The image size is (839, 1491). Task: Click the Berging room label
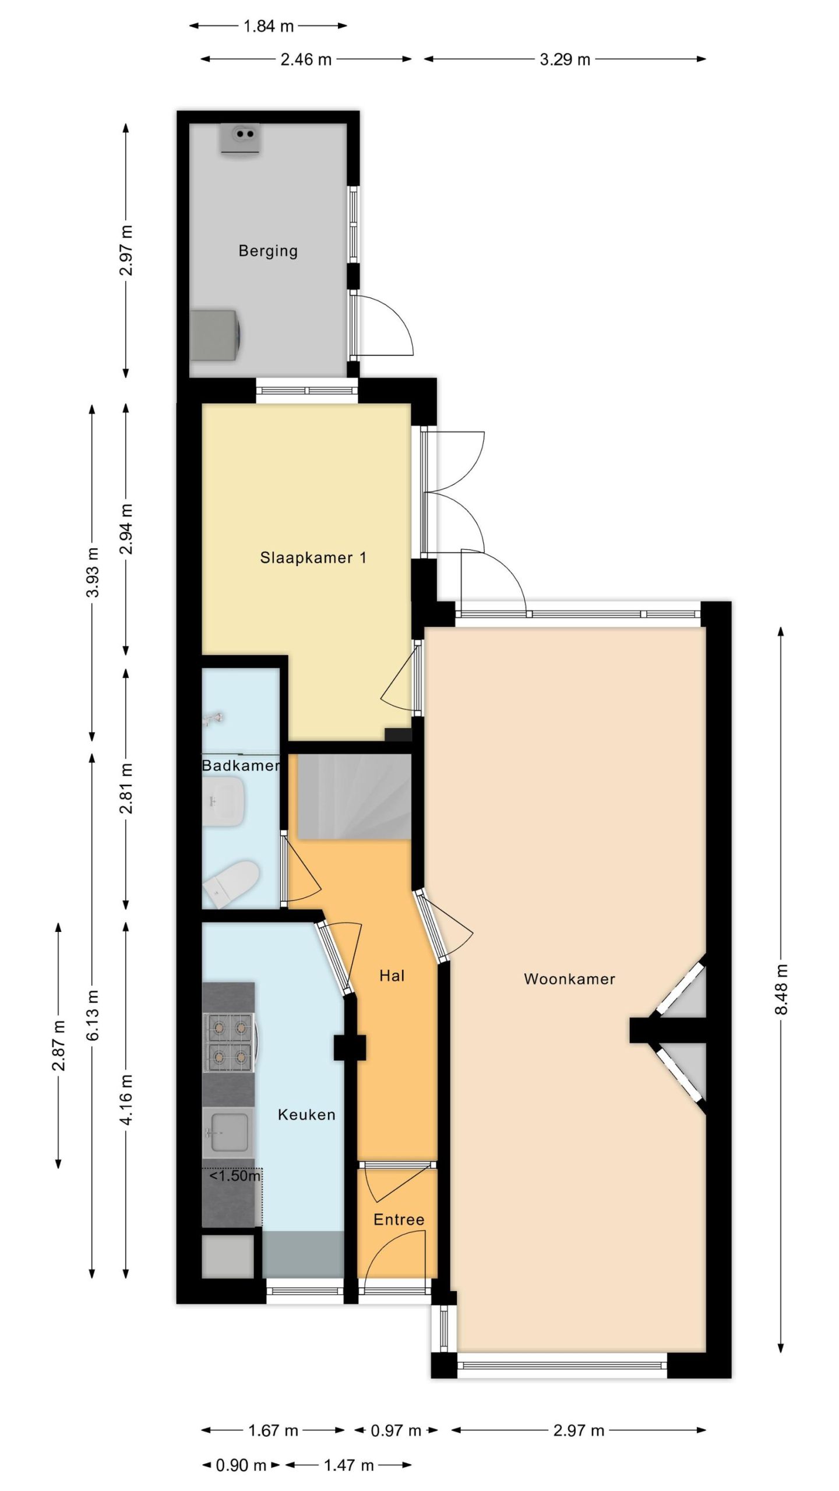point(268,251)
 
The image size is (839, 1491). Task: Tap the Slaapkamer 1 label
point(313,558)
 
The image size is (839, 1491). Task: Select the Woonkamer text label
point(569,979)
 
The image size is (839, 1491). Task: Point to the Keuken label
point(306,1115)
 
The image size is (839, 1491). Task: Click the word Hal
point(392,976)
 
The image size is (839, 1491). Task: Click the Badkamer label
point(241,765)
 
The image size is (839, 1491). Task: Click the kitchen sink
point(229,1133)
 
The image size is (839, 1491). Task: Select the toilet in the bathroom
point(231,884)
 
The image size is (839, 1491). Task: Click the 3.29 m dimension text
point(565,59)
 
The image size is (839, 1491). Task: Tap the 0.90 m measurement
point(241,1465)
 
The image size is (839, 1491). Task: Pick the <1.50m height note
point(235,1176)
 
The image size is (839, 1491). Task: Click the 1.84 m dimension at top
point(268,26)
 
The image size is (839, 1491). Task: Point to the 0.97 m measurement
point(396,1426)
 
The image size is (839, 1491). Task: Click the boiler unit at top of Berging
point(240,139)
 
